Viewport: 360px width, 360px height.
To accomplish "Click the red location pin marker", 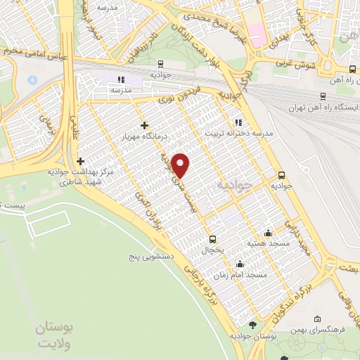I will (181, 165).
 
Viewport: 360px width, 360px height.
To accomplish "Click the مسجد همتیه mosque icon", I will (267, 233).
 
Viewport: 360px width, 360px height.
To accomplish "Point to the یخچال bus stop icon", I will (212, 238).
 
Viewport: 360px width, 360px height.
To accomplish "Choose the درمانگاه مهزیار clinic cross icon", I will (144, 126).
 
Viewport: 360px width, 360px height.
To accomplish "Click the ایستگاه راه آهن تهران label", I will (323, 108).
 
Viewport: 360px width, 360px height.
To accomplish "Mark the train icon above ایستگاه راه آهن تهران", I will (322, 96).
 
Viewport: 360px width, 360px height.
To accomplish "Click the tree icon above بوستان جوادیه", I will (254, 325).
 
